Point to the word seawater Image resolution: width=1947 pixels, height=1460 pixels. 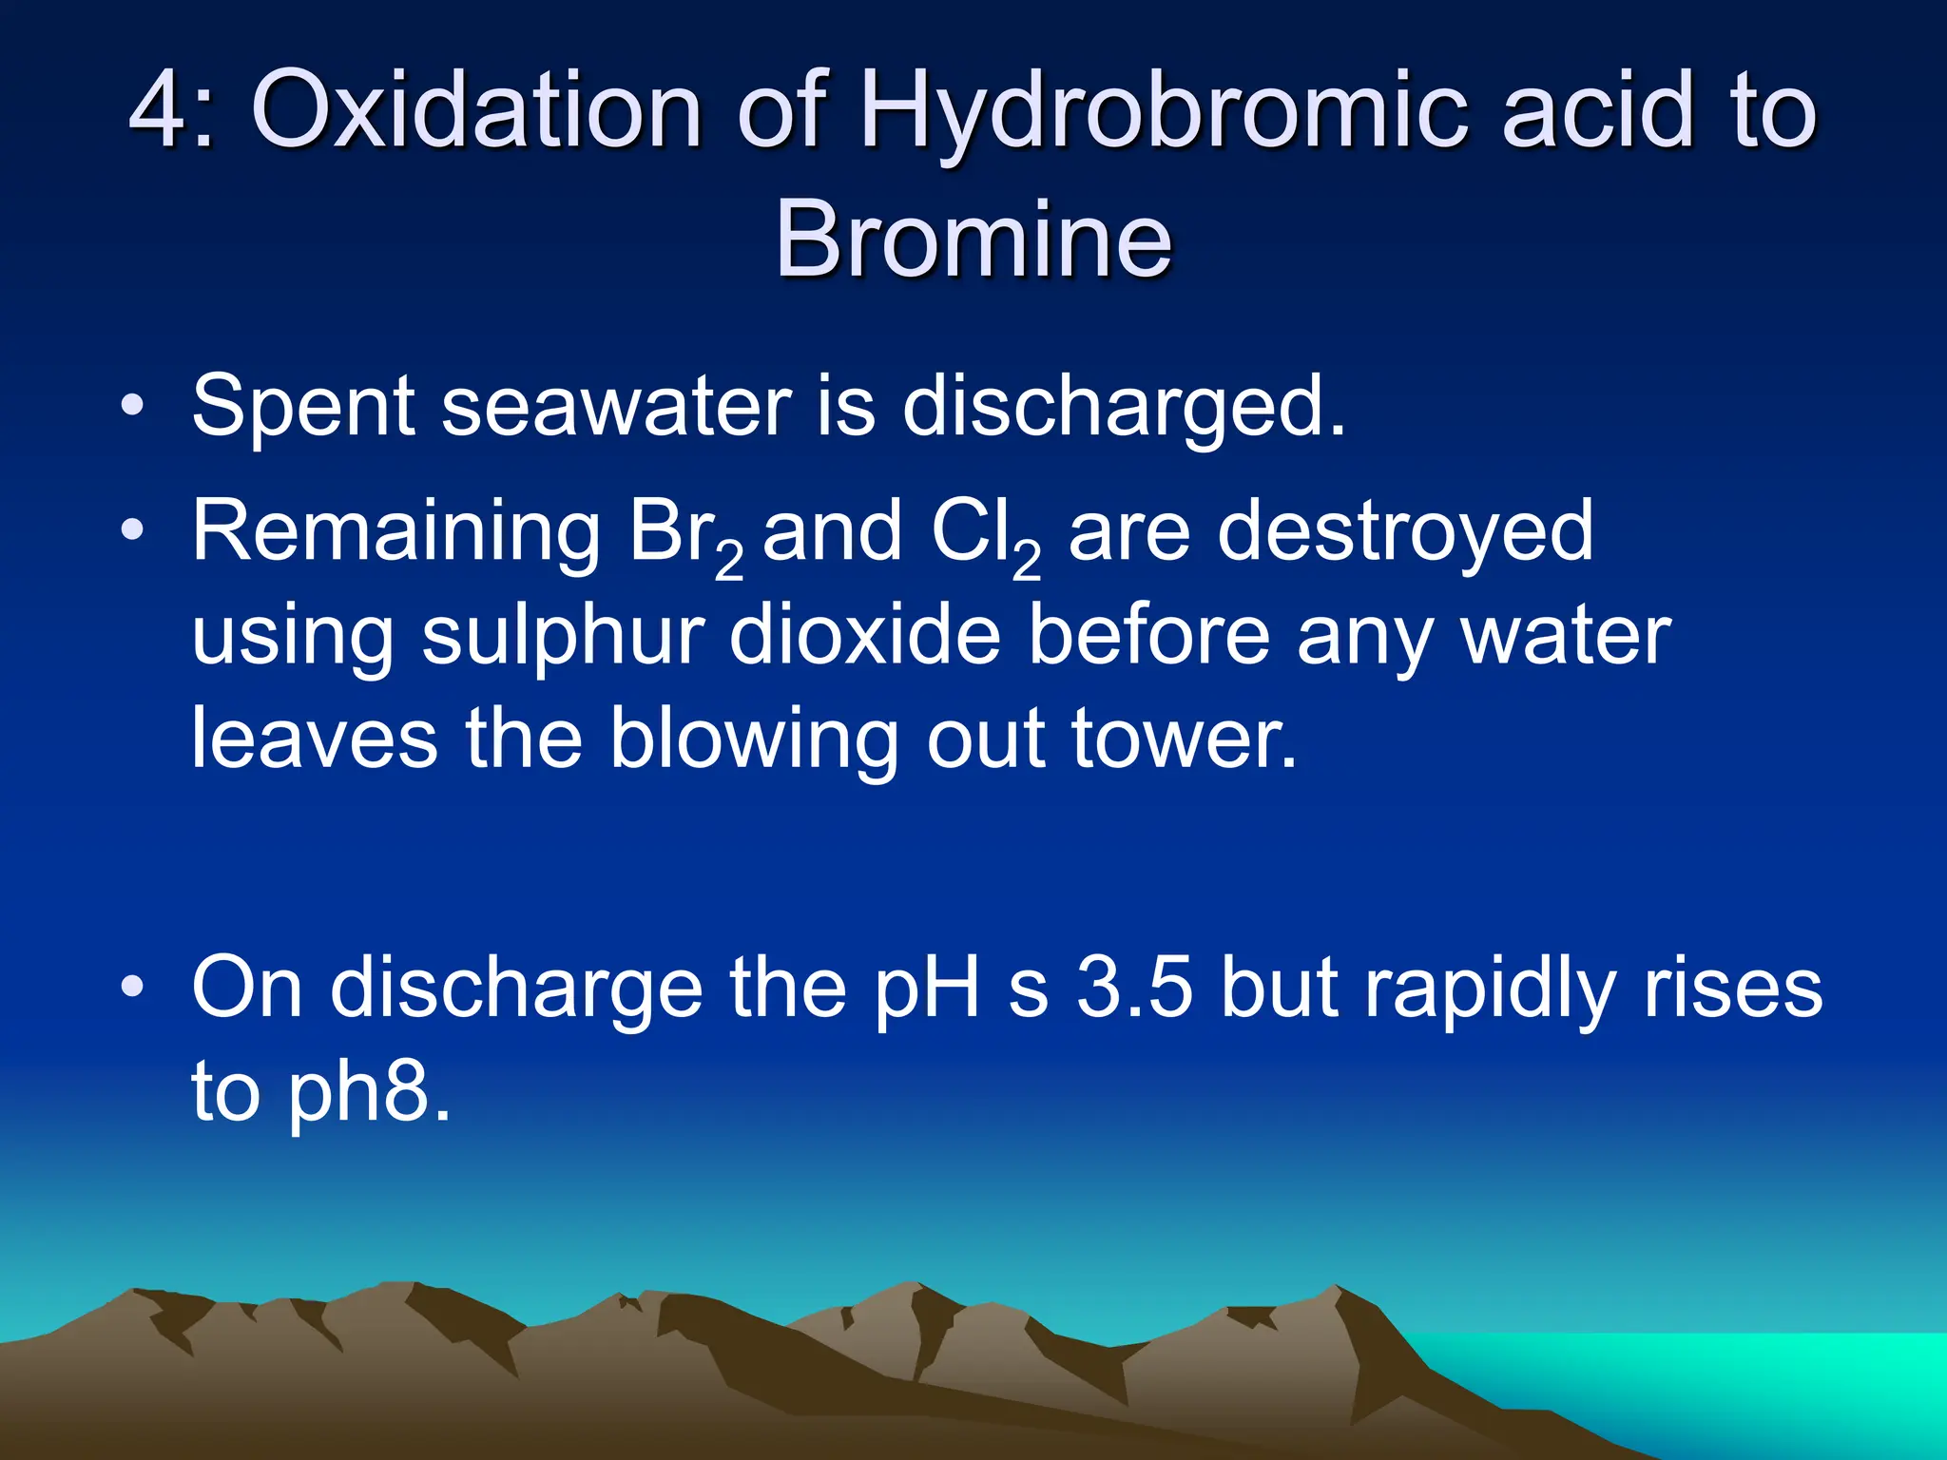click(x=616, y=407)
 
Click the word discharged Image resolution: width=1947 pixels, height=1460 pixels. click(x=1124, y=407)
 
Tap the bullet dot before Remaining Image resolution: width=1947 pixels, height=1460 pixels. click(x=133, y=531)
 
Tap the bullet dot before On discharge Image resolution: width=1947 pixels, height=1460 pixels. click(x=133, y=987)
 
